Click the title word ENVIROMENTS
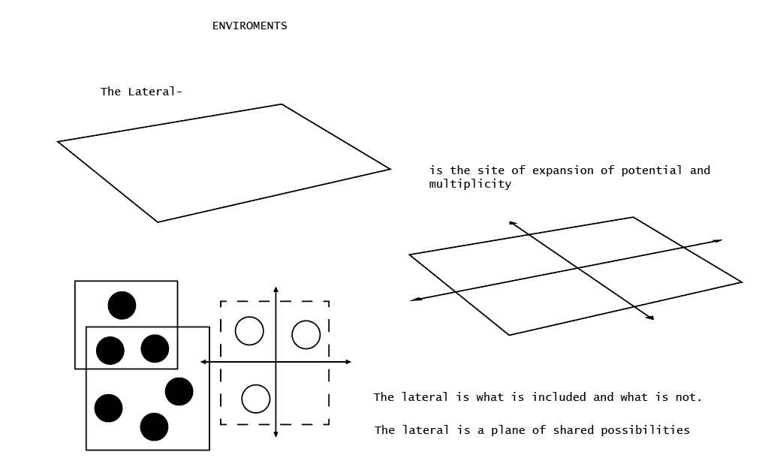pyautogui.click(x=250, y=26)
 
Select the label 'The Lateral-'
pyautogui.click(x=141, y=92)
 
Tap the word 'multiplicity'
pyautogui.click(x=470, y=184)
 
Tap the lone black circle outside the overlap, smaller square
pyautogui.click(x=122, y=306)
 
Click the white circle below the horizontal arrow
pyautogui.click(x=256, y=399)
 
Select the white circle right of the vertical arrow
pyautogui.click(x=306, y=335)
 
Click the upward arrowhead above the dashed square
pyautogui.click(x=276, y=289)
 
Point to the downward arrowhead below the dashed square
pyautogui.click(x=276, y=434)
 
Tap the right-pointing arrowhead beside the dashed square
pyautogui.click(x=348, y=362)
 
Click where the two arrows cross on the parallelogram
pyautogui.click(x=577, y=268)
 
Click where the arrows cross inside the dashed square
pyautogui.click(x=276, y=362)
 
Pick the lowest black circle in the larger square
pyautogui.click(x=154, y=427)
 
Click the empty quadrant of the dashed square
pyautogui.click(x=303, y=393)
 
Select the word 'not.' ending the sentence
pyautogui.click(x=689, y=397)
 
